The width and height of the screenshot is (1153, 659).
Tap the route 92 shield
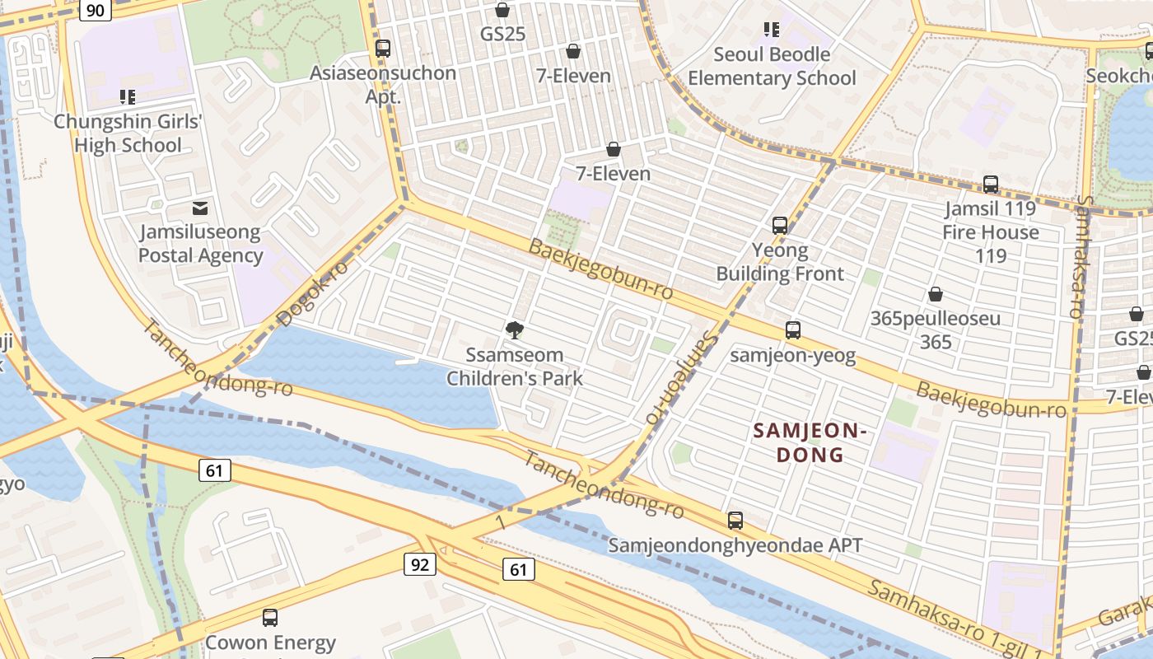point(419,564)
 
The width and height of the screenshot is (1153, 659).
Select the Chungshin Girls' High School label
point(128,133)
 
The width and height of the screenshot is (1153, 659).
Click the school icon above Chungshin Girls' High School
point(128,98)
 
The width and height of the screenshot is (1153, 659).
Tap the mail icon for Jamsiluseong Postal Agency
point(200,208)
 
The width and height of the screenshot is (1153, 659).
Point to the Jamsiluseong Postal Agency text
point(200,244)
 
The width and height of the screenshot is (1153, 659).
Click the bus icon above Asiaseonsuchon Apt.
point(383,49)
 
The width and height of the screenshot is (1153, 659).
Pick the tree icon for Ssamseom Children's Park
point(515,331)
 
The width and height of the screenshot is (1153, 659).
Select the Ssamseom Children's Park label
point(515,367)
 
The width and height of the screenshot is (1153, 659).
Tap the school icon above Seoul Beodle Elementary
point(772,30)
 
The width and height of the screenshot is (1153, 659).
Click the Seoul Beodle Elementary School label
point(772,67)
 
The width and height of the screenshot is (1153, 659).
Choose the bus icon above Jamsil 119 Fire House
point(991,185)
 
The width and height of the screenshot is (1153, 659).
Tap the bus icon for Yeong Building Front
point(780,225)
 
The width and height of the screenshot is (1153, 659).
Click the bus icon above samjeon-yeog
point(793,330)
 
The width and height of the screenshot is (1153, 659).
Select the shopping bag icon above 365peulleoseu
point(936,294)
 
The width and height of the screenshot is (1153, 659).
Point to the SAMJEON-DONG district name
point(810,442)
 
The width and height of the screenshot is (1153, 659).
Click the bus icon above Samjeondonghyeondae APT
point(735,521)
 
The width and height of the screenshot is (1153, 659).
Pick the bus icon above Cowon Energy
point(270,617)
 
